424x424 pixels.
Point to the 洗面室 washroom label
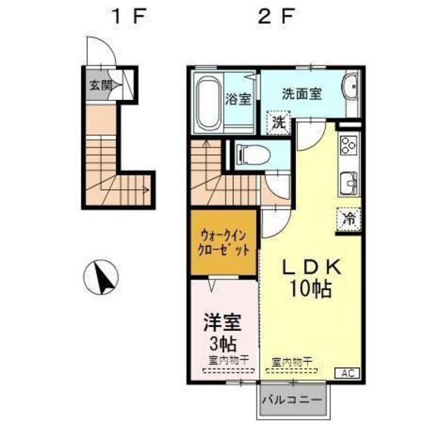pyautogui.click(x=302, y=94)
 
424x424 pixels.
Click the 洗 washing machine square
pyautogui.click(x=279, y=120)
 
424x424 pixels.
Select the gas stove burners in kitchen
pyautogui.click(x=351, y=145)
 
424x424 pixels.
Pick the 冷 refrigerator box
pyautogui.click(x=349, y=218)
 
